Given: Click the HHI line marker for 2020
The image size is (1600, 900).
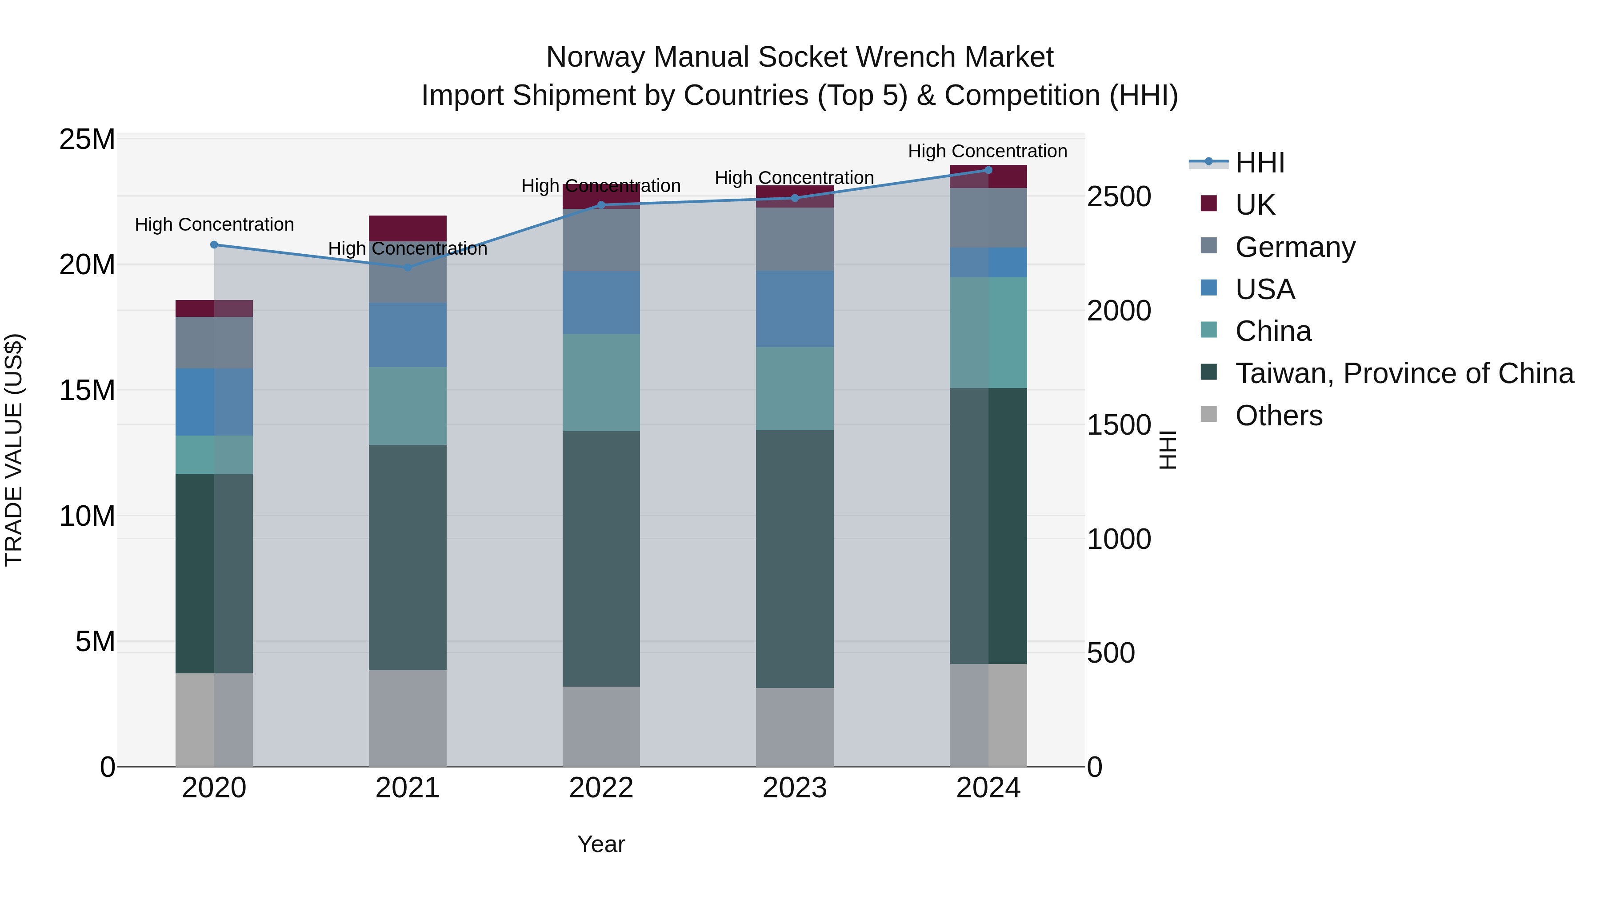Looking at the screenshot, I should [214, 245].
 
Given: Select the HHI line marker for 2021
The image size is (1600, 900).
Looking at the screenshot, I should [408, 268].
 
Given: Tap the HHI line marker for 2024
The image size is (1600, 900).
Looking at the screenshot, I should [988, 170].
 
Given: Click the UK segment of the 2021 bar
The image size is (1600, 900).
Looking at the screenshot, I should [408, 228].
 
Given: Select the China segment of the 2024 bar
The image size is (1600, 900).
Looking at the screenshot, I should [988, 332].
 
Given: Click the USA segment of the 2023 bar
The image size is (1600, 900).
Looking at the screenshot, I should [794, 309].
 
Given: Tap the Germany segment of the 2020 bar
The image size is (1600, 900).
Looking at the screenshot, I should [214, 342].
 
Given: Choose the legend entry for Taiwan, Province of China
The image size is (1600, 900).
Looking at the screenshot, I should [1404, 373].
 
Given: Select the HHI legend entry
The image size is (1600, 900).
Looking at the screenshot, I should [1259, 163].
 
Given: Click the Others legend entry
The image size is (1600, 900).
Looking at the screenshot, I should [1278, 416].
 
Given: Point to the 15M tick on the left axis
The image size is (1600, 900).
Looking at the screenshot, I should [87, 391].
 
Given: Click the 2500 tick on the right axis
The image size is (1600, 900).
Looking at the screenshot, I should [1119, 197].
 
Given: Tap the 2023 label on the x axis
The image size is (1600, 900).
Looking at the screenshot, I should [794, 788].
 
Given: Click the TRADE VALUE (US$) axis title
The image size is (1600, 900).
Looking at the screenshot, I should [14, 450].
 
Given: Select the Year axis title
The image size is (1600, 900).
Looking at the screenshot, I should [600, 844].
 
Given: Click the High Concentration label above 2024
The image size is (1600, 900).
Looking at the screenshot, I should [987, 151].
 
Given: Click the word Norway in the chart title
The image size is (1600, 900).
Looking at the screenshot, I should [594, 57].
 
